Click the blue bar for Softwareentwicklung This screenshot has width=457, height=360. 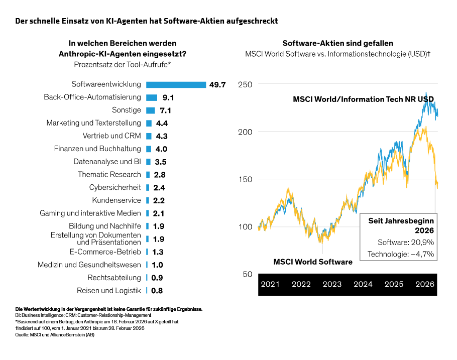pos(176,84)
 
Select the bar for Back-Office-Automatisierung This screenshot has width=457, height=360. pos(152,97)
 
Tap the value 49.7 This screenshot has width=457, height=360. pos(217,85)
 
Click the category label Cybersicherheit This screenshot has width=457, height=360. pos(115,187)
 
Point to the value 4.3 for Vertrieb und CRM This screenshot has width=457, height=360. pos(162,136)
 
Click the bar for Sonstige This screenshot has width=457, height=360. pos(150,110)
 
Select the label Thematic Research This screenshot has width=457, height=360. pos(109,175)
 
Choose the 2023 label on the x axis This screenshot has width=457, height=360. pos(332,284)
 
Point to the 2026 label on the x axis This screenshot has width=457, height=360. pos(425,284)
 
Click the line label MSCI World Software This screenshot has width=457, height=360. pos(312,262)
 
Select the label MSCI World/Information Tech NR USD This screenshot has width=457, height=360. pos(363,99)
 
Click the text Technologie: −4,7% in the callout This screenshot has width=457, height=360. pos(401,254)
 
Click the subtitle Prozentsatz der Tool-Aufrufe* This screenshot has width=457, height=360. pos(122,64)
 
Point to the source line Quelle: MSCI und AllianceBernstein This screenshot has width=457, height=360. pos(55,335)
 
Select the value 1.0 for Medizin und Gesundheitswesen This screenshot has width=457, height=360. pos(157,265)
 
